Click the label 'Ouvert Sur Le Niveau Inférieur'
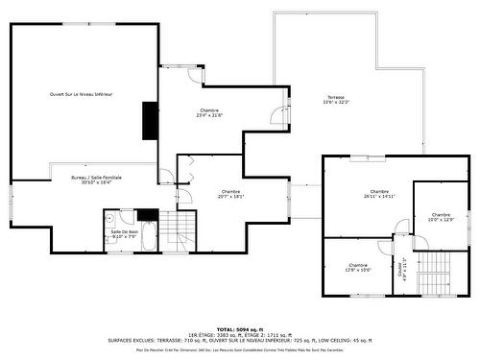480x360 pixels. tap(82, 94)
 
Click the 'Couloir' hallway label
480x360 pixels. tap(397, 264)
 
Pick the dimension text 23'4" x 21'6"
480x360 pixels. tap(210, 117)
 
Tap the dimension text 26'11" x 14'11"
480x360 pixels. tap(379, 197)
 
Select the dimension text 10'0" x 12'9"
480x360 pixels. tap(441, 220)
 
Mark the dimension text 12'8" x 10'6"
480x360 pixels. tap(358, 270)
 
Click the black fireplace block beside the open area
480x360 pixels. tap(150, 120)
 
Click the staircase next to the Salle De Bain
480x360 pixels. tap(175, 228)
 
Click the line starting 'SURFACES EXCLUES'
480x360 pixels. tap(240, 340)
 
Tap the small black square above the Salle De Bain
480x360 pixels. tap(146, 214)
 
